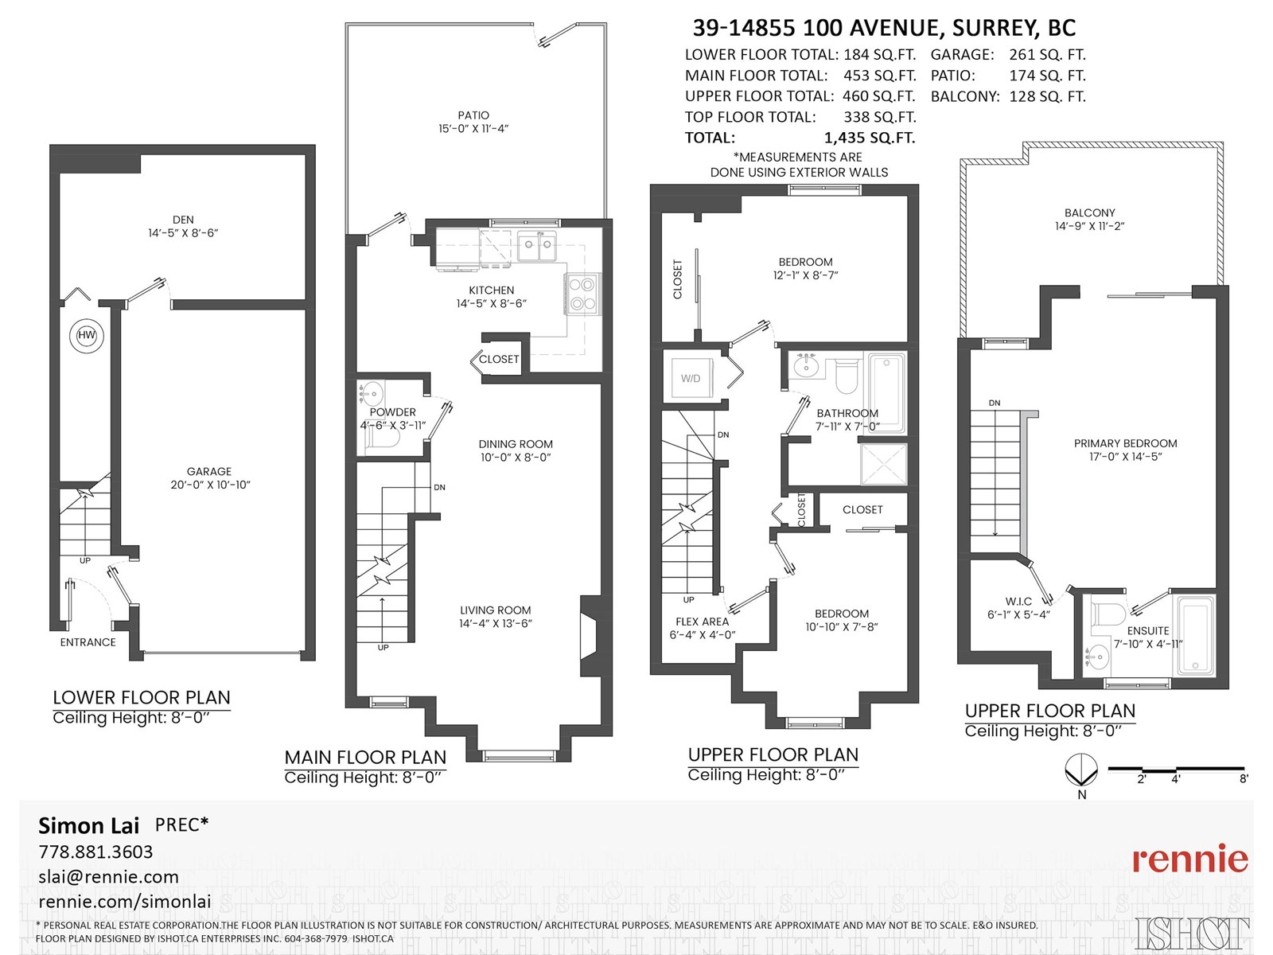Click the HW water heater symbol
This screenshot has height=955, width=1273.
[x=86, y=335]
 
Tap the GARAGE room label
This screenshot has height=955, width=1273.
[x=209, y=471]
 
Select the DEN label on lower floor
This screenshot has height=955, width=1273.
[x=183, y=220]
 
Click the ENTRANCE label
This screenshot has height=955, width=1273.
[x=88, y=642]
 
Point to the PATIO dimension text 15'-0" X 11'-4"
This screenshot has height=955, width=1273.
[x=473, y=129]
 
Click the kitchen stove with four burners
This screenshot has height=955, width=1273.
[x=582, y=294]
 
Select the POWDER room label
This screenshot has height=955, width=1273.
[x=392, y=412]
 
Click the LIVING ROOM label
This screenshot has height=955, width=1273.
[x=495, y=610]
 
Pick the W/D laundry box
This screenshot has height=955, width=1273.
[x=690, y=378]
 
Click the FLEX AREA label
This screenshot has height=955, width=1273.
[x=702, y=622]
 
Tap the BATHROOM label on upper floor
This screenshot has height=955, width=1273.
[x=847, y=413]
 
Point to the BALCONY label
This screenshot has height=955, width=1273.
[x=1089, y=212]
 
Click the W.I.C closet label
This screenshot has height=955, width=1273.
[x=1018, y=602]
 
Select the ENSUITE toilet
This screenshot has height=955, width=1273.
[x=1108, y=615]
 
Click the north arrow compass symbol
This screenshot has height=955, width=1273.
[x=1081, y=770]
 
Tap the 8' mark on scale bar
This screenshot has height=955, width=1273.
[x=1244, y=778]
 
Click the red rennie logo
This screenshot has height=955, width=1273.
[x=1189, y=859]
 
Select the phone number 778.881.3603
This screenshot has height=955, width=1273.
[x=95, y=852]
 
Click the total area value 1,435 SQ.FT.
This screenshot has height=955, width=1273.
[x=869, y=138]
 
